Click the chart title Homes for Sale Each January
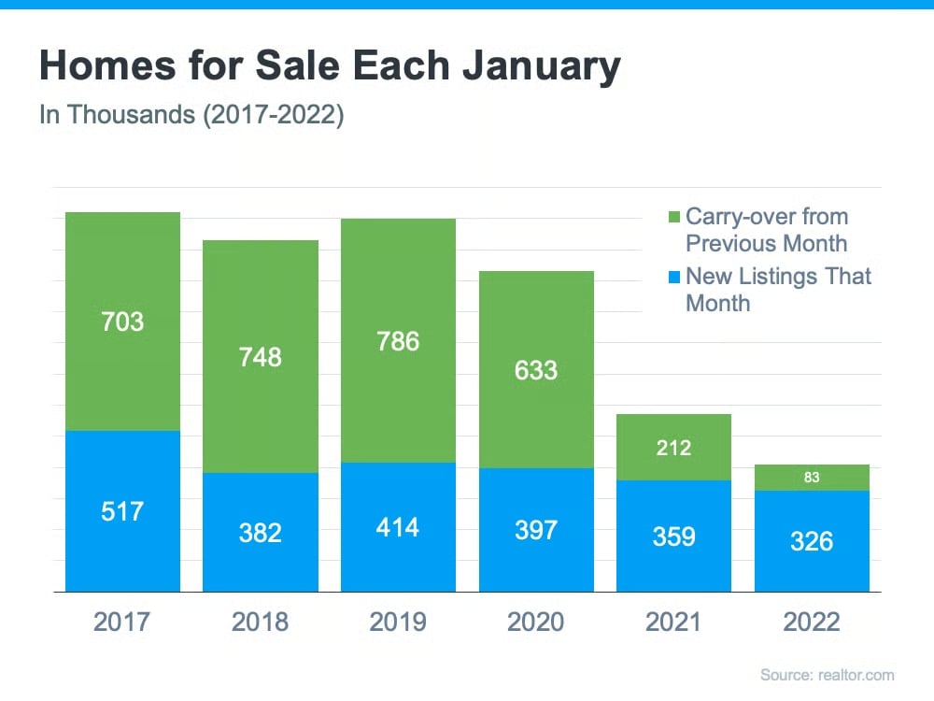pyautogui.click(x=329, y=68)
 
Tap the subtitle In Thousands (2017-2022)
pyautogui.click(x=191, y=117)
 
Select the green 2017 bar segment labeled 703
pyautogui.click(x=122, y=322)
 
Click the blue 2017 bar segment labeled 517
pyautogui.click(x=122, y=511)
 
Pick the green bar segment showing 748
pyautogui.click(x=261, y=356)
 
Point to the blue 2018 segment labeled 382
pyautogui.click(x=261, y=532)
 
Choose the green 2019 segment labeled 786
pyautogui.click(x=398, y=341)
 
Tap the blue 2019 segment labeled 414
pyautogui.click(x=398, y=527)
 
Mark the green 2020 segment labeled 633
pyautogui.click(x=536, y=370)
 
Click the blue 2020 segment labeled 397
pyautogui.click(x=536, y=530)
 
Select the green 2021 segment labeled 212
pyautogui.click(x=673, y=448)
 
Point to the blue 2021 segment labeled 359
pyautogui.click(x=673, y=536)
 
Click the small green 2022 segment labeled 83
pyautogui.click(x=812, y=478)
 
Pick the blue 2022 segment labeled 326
pyautogui.click(x=812, y=541)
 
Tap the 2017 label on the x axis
pyautogui.click(x=122, y=622)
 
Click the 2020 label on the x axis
pyautogui.click(x=536, y=622)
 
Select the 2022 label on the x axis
pyautogui.click(x=812, y=622)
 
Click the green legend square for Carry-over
pyautogui.click(x=674, y=218)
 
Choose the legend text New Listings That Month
pyautogui.click(x=778, y=289)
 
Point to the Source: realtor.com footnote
pyautogui.click(x=827, y=675)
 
